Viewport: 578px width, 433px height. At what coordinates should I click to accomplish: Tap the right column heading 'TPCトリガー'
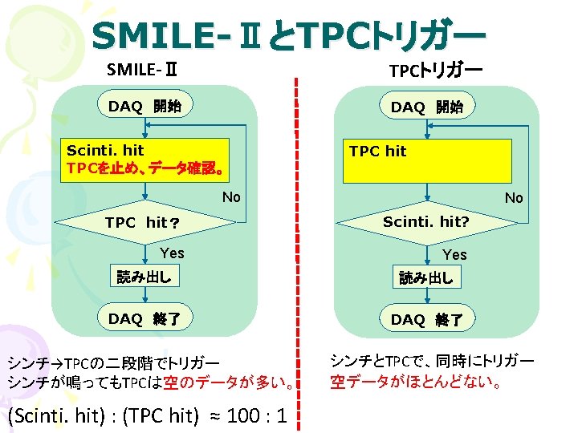(x=435, y=71)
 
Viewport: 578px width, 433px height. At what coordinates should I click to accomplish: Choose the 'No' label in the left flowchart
(x=231, y=197)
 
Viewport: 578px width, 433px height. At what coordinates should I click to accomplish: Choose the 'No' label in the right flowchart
(x=514, y=197)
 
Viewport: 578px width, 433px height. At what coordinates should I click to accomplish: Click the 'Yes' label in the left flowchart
(x=172, y=253)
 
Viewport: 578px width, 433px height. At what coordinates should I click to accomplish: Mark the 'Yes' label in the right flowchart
(x=454, y=254)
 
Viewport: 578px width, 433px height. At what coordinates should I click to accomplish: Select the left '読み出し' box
(x=144, y=277)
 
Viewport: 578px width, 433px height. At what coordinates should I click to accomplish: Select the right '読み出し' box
(x=426, y=277)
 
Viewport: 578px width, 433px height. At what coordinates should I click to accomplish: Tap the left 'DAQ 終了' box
(x=144, y=318)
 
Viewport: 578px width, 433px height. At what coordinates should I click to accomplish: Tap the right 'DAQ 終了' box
(x=426, y=319)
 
